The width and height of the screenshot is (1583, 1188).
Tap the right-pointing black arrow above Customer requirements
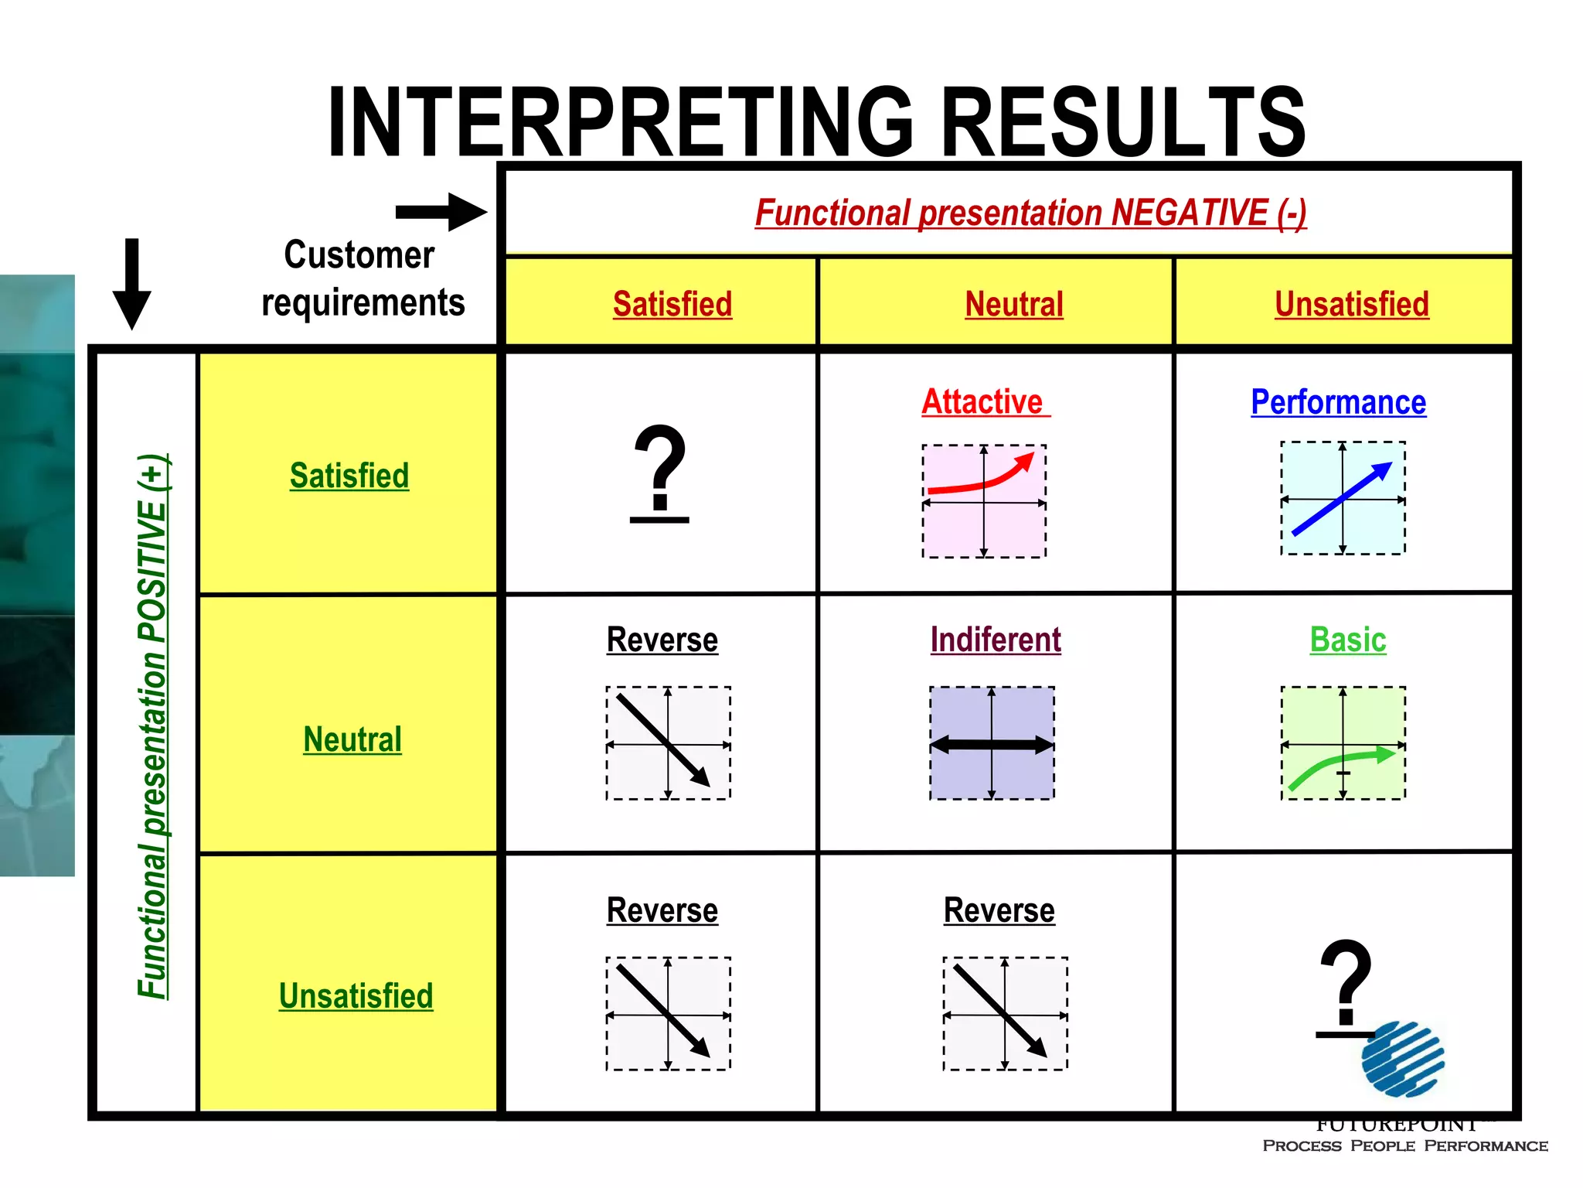tap(441, 212)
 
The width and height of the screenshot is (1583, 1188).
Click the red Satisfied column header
tap(672, 304)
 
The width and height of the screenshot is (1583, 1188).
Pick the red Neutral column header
tap(1014, 304)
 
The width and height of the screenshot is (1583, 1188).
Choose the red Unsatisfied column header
tap(1351, 304)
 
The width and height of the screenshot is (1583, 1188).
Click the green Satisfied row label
tap(349, 476)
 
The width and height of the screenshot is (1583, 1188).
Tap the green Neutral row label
tap(352, 739)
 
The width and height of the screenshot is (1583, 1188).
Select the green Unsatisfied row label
tap(356, 996)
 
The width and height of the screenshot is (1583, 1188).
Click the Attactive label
tap(983, 402)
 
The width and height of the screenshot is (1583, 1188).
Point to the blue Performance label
tap(1338, 402)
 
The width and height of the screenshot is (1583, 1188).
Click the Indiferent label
tap(996, 640)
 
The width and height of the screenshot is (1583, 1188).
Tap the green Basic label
tap(1348, 640)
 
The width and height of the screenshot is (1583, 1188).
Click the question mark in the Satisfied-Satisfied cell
tap(659, 472)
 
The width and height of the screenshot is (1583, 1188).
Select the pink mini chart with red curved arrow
tap(984, 501)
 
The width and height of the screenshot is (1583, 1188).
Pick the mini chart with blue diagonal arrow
tap(1343, 498)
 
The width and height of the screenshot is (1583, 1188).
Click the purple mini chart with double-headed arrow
tap(992, 743)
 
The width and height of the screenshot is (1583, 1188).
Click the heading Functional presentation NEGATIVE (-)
tap(1030, 213)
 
